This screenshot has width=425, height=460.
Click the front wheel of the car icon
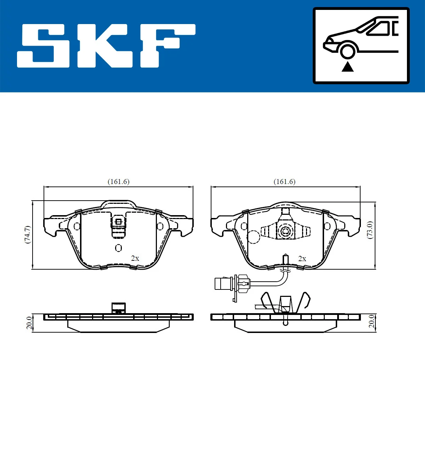tap(347, 51)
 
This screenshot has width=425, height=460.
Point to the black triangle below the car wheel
tap(347, 67)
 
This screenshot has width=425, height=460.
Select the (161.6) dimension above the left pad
tap(118, 182)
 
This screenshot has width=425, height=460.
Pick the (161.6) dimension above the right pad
tap(284, 182)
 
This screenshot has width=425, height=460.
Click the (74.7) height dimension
tap(27, 234)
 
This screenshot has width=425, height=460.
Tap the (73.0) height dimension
tap(370, 230)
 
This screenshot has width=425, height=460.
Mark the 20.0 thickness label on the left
tap(29, 323)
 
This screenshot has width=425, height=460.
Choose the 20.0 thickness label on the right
tap(371, 321)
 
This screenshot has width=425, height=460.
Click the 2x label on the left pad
tap(135, 258)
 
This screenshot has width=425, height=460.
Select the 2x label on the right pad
tap(302, 259)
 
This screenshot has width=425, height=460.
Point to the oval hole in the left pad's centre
tap(118, 248)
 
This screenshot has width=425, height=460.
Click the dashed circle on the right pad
tap(253, 237)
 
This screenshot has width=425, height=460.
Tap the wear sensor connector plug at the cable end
tap(223, 284)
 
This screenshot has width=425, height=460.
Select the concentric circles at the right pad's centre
tap(285, 232)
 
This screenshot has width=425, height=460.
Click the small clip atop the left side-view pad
tap(118, 307)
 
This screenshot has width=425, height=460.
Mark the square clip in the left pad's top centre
tap(118, 222)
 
